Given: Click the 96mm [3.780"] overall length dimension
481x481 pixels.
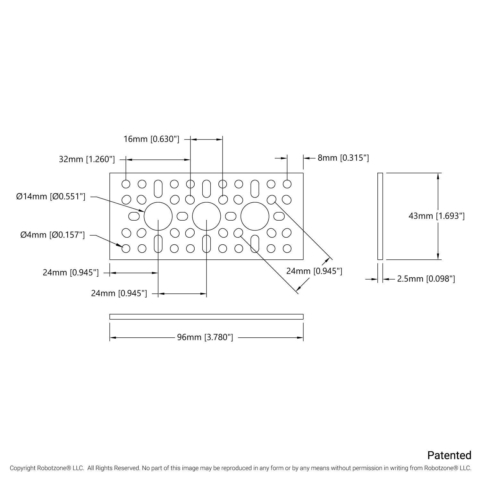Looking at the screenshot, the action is pyautogui.click(x=205, y=337).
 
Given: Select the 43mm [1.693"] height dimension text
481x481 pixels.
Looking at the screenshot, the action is pyautogui.click(x=436, y=216).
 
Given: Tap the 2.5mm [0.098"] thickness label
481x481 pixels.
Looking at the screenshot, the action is pyautogui.click(x=426, y=279).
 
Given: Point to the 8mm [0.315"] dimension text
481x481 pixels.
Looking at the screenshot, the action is pyautogui.click(x=343, y=158).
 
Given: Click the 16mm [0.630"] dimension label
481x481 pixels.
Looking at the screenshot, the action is pyautogui.click(x=151, y=139).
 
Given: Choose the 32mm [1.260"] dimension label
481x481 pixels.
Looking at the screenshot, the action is pyautogui.click(x=87, y=159).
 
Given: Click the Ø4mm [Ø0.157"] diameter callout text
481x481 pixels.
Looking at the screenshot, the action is pyautogui.click(x=53, y=235).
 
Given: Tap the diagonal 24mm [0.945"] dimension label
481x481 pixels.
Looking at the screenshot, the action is pyautogui.click(x=314, y=271).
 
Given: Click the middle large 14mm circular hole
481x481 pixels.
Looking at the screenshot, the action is pyautogui.click(x=207, y=216).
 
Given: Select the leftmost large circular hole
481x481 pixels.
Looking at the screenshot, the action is pyautogui.click(x=158, y=216).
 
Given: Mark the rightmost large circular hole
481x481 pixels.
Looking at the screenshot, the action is pyautogui.click(x=255, y=216).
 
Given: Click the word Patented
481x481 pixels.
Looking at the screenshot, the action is pyautogui.click(x=449, y=455).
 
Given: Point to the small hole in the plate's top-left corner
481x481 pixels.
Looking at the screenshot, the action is pyautogui.click(x=126, y=184).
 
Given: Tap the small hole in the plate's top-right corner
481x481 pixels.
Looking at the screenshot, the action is pyautogui.click(x=287, y=184).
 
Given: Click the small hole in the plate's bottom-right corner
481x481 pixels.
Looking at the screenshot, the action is pyautogui.click(x=287, y=249).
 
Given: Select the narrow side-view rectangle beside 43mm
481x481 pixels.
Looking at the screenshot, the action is pyautogui.click(x=380, y=216).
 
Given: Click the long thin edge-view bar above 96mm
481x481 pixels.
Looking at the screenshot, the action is pyautogui.click(x=207, y=317).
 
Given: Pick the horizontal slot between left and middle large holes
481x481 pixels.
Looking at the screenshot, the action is pyautogui.click(x=182, y=216).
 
